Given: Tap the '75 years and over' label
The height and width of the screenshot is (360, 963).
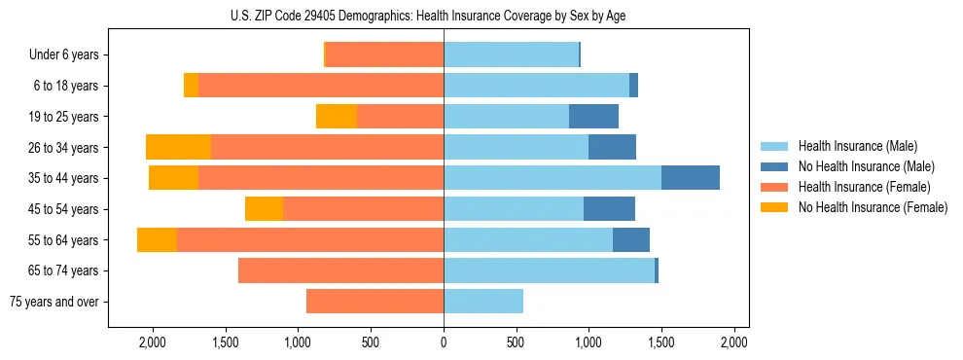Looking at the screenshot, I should point(54,302).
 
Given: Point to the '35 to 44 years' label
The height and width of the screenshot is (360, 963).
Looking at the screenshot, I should point(63,178).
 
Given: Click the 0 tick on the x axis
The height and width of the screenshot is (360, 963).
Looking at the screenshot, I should point(444,342).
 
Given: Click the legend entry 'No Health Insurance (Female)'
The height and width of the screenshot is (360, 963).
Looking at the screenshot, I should point(872,207).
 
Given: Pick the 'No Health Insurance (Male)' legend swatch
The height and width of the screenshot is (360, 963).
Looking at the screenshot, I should point(774,166).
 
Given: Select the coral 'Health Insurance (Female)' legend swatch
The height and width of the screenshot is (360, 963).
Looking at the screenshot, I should point(774,187).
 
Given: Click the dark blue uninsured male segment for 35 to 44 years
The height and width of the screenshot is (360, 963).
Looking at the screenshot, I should point(690,178).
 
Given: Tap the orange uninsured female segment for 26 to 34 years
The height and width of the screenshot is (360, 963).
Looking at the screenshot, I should point(178,147).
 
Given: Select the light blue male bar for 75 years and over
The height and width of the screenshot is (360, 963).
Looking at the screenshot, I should point(483,302).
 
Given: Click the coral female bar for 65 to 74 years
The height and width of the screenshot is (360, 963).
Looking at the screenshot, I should point(340,270).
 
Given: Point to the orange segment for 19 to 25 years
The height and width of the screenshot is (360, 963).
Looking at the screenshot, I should point(337,117).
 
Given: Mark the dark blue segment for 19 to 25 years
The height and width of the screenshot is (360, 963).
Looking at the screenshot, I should point(593,117).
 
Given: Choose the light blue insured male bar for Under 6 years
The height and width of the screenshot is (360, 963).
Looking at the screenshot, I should point(511,55).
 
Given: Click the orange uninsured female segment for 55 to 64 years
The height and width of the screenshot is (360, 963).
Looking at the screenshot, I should point(157,239).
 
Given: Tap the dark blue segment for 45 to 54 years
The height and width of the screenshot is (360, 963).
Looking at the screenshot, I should point(609,209).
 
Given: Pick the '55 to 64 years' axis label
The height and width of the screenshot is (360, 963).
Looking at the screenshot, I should point(63,240).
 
